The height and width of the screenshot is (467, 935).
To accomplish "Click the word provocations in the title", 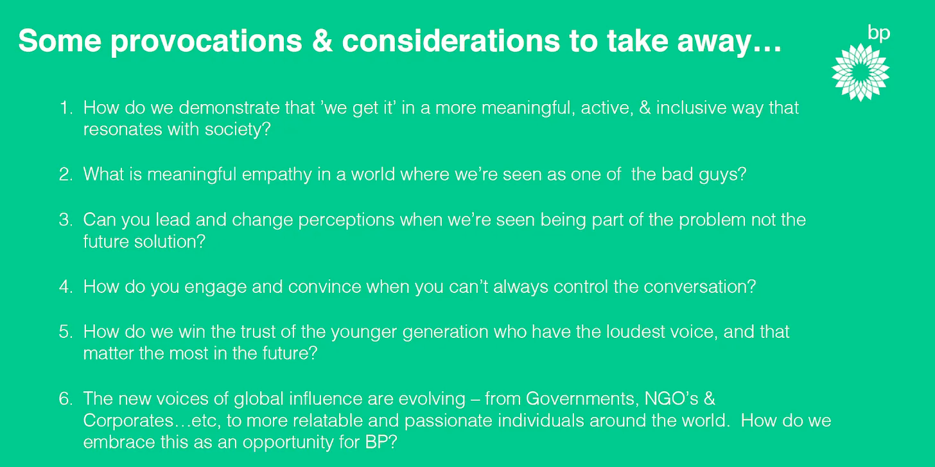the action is pyautogui.click(x=206, y=42).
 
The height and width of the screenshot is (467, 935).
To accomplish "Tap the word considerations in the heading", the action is pyautogui.click(x=451, y=41).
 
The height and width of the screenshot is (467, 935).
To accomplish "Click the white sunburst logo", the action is pyautogui.click(x=861, y=73).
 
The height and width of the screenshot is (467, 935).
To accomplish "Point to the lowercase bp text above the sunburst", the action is pyautogui.click(x=878, y=33).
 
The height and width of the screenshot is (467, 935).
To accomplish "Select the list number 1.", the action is pyautogui.click(x=66, y=108).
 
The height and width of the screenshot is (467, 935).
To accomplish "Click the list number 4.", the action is pyautogui.click(x=66, y=287).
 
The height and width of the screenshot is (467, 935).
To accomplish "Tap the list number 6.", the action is pyautogui.click(x=66, y=399).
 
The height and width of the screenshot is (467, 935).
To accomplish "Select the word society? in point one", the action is pyautogui.click(x=238, y=130).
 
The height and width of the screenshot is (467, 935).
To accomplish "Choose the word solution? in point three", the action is pyautogui.click(x=170, y=242).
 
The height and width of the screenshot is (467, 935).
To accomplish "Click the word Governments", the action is pyautogui.click(x=582, y=399).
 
